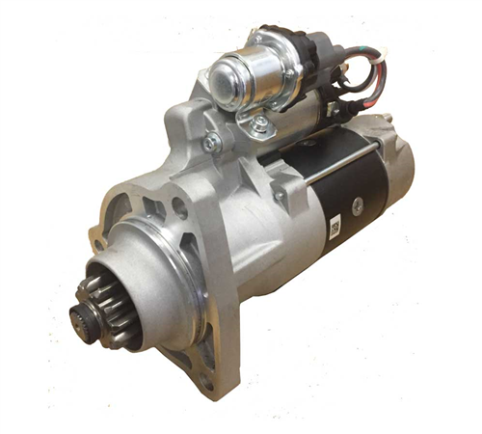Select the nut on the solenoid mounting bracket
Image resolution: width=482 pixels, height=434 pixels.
259,122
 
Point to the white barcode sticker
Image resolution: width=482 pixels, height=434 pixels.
335,228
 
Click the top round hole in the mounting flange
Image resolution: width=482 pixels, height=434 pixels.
180,205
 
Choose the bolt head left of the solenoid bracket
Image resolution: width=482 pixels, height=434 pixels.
211,143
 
